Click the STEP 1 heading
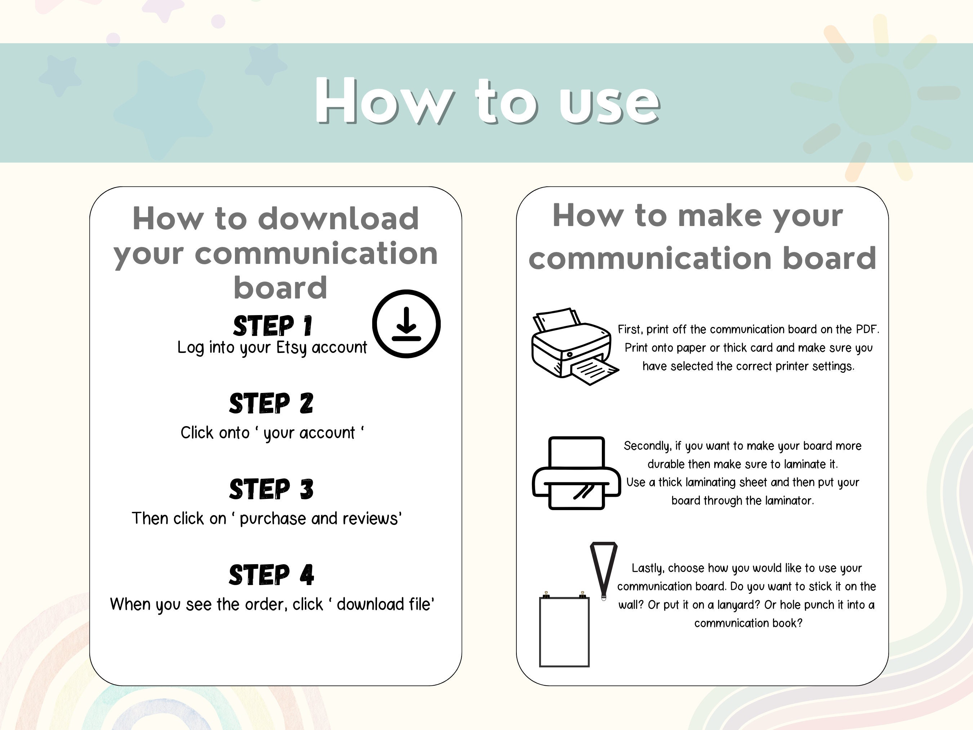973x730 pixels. pyautogui.click(x=272, y=326)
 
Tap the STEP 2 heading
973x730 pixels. pyautogui.click(x=271, y=403)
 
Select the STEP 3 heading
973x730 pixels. pyautogui.click(x=271, y=489)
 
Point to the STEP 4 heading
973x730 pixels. pyautogui.click(x=271, y=575)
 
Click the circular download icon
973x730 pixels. pyautogui.click(x=406, y=324)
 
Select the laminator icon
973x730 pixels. pyautogui.click(x=576, y=473)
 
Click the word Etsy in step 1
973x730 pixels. pyautogui.click(x=291, y=348)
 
